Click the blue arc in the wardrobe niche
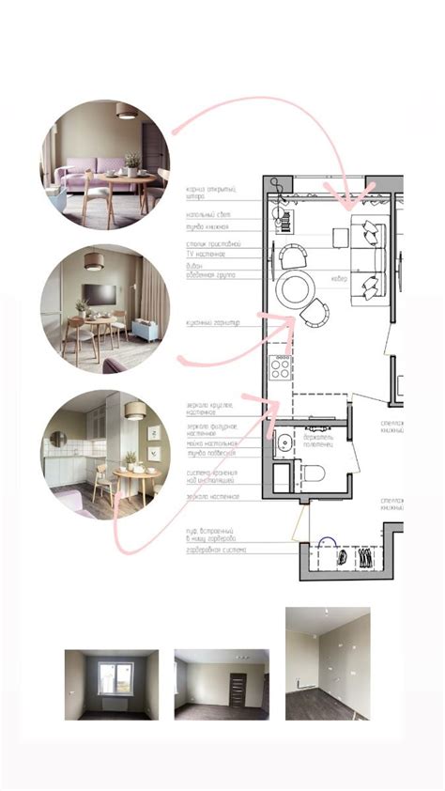(x=327, y=542)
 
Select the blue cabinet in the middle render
(x=145, y=330)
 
